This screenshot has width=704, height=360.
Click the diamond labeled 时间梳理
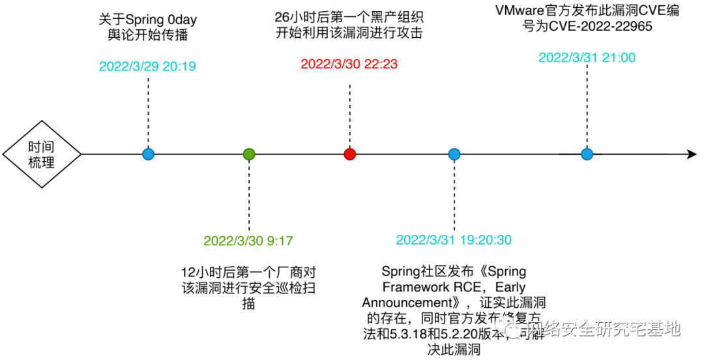(42, 155)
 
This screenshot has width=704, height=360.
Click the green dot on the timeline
(248, 155)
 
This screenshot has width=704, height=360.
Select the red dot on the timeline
(349, 155)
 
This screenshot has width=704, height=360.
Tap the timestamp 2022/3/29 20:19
(147, 66)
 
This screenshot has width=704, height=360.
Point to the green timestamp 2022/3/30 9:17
(248, 241)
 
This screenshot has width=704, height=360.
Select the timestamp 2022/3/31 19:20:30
(454, 240)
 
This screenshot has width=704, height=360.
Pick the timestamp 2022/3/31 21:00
(587, 57)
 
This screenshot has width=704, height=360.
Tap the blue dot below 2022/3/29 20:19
(148, 155)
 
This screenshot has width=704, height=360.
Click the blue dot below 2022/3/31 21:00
(587, 155)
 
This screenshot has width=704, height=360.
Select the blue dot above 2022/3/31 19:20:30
(454, 155)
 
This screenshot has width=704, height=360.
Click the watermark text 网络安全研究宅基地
(603, 329)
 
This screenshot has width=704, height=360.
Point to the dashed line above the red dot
(349, 111)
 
